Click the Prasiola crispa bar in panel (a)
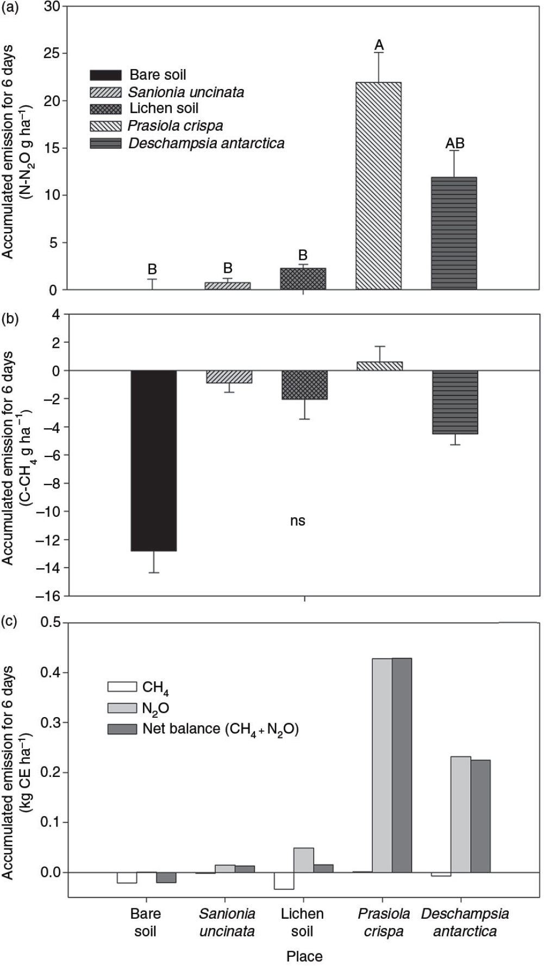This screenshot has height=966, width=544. [x=378, y=186]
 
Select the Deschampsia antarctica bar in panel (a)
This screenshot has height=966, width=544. [x=454, y=234]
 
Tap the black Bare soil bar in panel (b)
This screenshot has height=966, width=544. [x=154, y=461]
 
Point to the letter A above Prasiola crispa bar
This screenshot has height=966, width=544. [x=379, y=45]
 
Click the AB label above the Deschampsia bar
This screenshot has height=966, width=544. [x=455, y=143]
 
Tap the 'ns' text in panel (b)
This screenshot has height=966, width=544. [x=297, y=521]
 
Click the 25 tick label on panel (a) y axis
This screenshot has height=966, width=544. [x=53, y=54]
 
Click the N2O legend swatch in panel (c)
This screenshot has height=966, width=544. [x=122, y=708]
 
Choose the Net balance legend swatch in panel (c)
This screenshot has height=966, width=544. [x=122, y=729]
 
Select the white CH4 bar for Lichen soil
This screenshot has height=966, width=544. [x=284, y=881]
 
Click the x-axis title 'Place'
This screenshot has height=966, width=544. [x=304, y=956]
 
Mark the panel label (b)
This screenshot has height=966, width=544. [x=10, y=318]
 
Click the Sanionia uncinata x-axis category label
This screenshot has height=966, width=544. [x=227, y=923]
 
